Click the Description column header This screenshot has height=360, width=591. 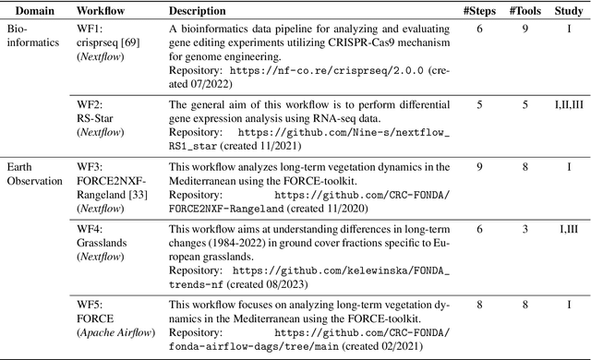pos(198,11)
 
